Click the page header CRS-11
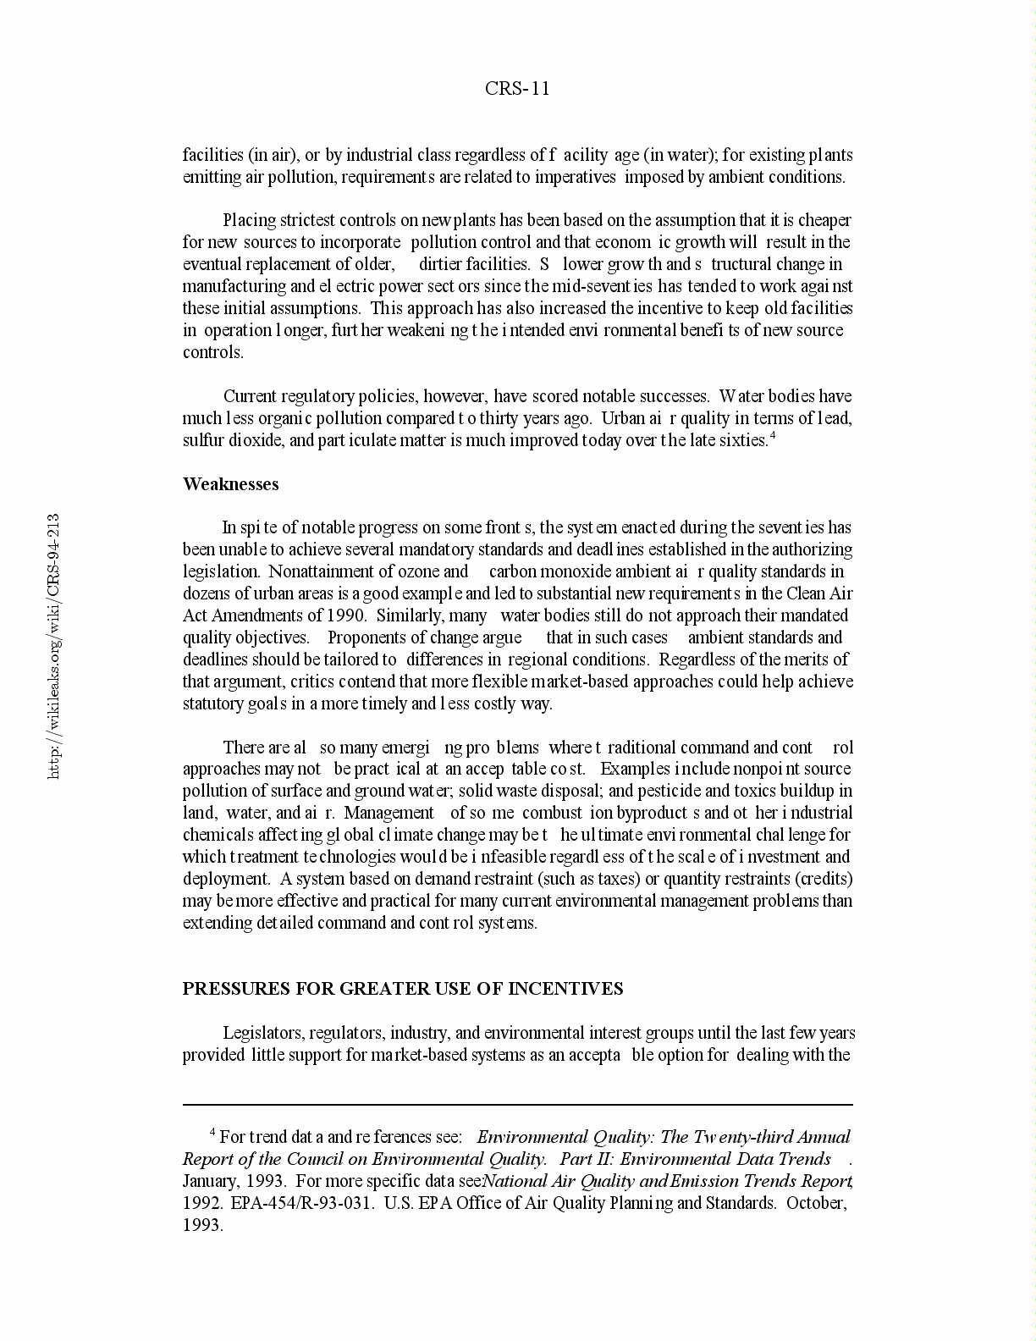click(517, 89)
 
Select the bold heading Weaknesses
click(230, 484)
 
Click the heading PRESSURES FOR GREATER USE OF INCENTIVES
click(403, 989)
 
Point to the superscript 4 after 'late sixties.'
click(773, 436)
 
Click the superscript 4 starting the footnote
click(212, 1133)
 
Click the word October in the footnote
click(816, 1203)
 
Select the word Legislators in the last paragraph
click(263, 1033)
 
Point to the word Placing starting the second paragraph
click(251, 220)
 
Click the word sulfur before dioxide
click(201, 440)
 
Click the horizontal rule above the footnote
click(517, 1105)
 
